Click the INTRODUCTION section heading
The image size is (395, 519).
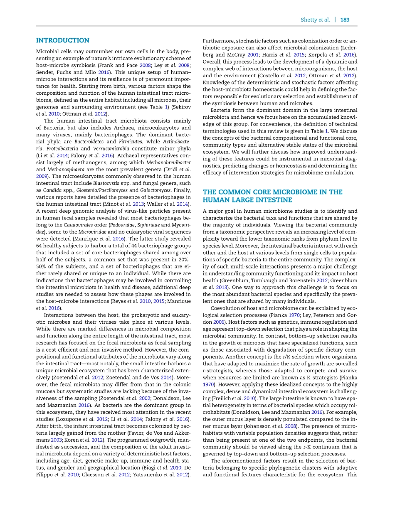point(62,40)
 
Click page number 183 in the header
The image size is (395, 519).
point(345,20)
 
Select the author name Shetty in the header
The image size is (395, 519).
point(309,20)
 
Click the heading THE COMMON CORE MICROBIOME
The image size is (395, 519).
point(272,192)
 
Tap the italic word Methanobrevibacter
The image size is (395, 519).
point(168,162)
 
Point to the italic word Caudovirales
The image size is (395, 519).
point(78,225)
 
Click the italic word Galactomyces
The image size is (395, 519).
point(155,190)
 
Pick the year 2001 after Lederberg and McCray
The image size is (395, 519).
point(253,55)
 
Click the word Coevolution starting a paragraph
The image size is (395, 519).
point(227,308)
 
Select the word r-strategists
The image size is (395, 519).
point(217,371)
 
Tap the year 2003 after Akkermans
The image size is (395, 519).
point(57,440)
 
